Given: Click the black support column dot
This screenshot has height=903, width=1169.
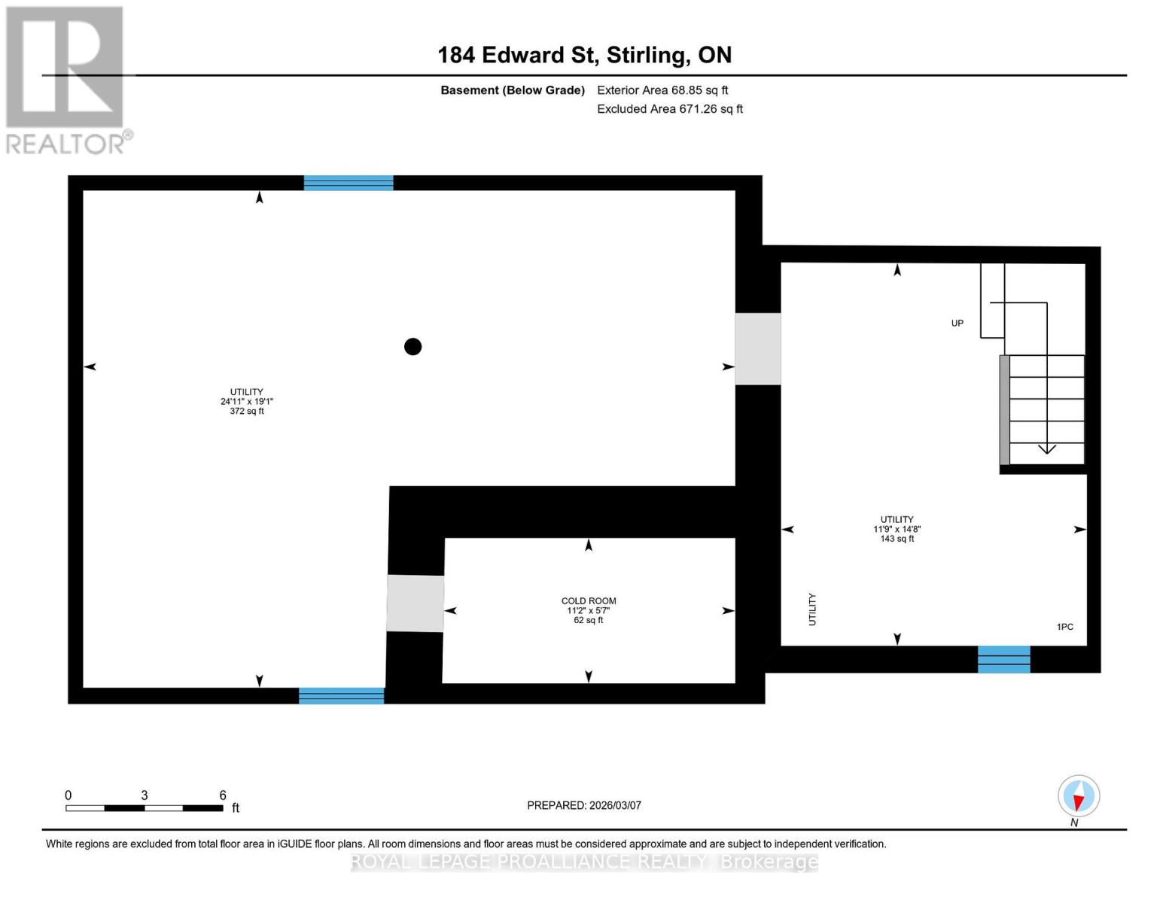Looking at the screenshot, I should point(412,346).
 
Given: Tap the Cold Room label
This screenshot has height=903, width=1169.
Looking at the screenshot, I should point(588,600).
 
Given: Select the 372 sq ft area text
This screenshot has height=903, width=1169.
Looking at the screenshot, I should point(247,412).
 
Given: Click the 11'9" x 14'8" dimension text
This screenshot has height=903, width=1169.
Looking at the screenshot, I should point(897,529).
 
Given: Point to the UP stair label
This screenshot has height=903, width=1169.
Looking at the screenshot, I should point(957,324).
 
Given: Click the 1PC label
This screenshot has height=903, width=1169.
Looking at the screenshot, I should point(1064,627).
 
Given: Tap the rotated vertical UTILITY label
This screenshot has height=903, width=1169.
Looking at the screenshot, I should point(812,609).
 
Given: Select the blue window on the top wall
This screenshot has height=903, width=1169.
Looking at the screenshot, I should point(349,183).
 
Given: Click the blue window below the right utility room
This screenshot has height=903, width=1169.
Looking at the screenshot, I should point(1003,659).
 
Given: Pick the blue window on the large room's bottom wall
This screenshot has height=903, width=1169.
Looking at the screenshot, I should point(341,696).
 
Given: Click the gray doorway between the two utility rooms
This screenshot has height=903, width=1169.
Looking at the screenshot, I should point(757,349).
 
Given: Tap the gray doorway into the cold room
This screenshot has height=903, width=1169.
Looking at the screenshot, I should point(415,604).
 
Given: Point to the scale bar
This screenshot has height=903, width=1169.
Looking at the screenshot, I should point(145,808).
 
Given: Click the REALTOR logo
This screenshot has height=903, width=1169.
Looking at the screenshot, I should point(66,80).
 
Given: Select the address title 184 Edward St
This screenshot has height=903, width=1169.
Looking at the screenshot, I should point(584,55).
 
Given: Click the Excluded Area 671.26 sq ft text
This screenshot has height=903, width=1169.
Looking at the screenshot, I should point(669,109).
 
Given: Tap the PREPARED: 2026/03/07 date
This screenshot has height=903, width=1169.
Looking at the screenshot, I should point(584,805).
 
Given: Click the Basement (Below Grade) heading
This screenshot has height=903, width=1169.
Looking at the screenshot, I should point(512,90).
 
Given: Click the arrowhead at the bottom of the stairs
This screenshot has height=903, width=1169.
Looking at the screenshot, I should point(1046,449).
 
